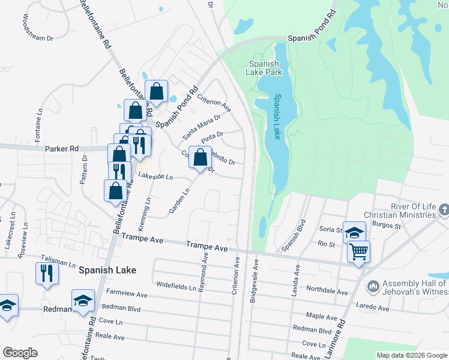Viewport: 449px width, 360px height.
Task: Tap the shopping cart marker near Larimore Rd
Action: [359, 252]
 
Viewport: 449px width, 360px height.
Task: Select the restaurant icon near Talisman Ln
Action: [46, 274]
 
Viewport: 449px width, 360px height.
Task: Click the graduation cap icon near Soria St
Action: [354, 232]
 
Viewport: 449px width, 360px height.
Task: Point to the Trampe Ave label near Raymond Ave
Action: [207, 247]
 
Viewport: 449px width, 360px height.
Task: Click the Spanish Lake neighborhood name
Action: [107, 270]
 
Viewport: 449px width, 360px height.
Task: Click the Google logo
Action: [20, 353]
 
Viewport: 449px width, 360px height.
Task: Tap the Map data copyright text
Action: [411, 355]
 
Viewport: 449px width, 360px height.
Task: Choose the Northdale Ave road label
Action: [327, 292]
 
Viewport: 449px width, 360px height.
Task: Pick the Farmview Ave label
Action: [127, 294]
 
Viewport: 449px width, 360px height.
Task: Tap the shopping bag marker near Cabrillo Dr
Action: [200, 157]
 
